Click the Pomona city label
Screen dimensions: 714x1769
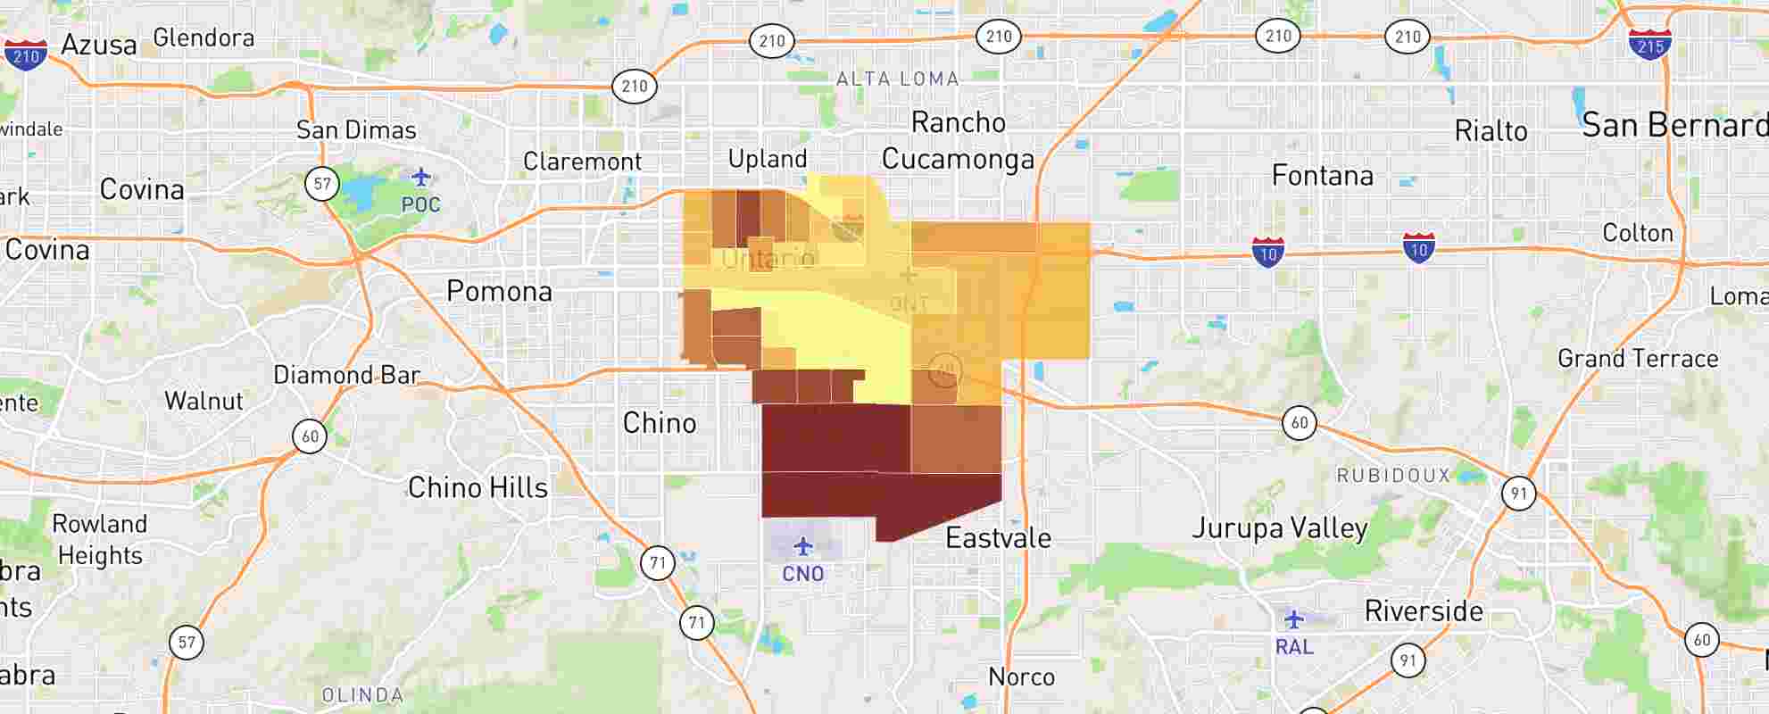[499, 291]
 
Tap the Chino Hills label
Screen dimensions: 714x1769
[478, 487]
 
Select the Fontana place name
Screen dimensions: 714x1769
[1322, 176]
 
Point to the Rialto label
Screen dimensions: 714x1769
[1491, 131]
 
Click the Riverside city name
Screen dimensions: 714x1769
[1424, 611]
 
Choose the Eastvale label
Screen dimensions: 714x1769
[998, 538]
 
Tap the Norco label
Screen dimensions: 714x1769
[1021, 677]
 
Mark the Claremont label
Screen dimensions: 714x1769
[582, 162]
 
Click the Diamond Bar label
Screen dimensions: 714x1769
[346, 375]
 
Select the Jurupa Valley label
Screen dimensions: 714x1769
[1280, 528]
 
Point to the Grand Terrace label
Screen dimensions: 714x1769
[1638, 359]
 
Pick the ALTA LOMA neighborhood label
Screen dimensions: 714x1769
[897, 79]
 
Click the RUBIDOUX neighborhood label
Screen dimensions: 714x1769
[1392, 476]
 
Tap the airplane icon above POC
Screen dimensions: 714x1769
[421, 176]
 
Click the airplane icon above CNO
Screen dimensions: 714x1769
[803, 545]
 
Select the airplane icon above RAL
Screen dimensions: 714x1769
[1294, 619]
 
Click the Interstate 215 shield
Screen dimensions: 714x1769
[1649, 44]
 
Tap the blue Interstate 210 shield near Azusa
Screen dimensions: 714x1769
[26, 54]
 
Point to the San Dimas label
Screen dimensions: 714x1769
[356, 130]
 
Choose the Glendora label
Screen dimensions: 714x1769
[203, 37]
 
